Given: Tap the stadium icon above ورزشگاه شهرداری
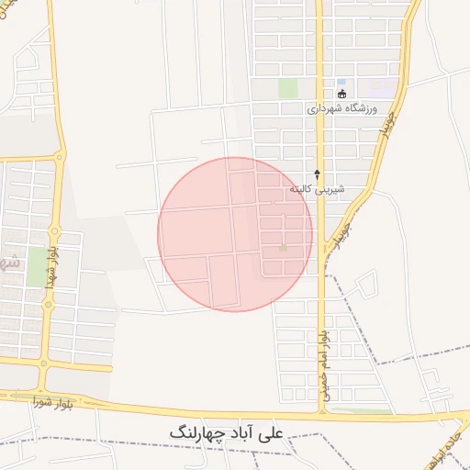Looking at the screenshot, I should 341,93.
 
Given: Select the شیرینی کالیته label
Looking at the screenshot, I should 317,188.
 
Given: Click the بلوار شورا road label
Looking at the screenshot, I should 56,402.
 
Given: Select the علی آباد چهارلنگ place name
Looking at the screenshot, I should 227,431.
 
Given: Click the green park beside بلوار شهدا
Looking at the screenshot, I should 38,266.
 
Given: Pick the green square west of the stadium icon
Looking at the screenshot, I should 288,88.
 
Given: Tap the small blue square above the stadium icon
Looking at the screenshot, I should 341,82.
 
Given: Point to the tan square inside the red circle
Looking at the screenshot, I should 283,248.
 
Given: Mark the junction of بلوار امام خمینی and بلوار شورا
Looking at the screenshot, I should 322,412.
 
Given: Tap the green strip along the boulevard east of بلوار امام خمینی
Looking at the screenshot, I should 363,410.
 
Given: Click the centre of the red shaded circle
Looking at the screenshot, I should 235,234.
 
